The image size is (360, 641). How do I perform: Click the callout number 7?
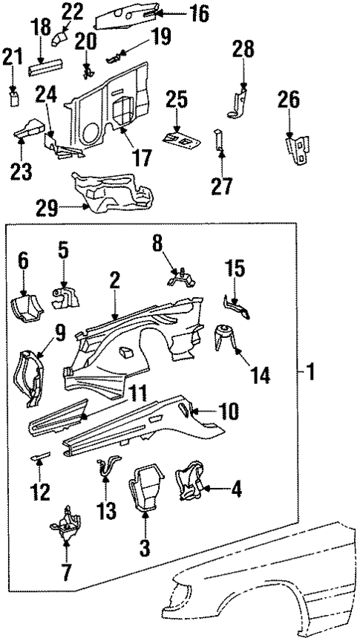(x=65, y=571)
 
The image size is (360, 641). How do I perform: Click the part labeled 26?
(x=297, y=149)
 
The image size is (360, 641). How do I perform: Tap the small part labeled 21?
(x=13, y=98)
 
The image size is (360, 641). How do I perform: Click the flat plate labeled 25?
(x=178, y=138)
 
